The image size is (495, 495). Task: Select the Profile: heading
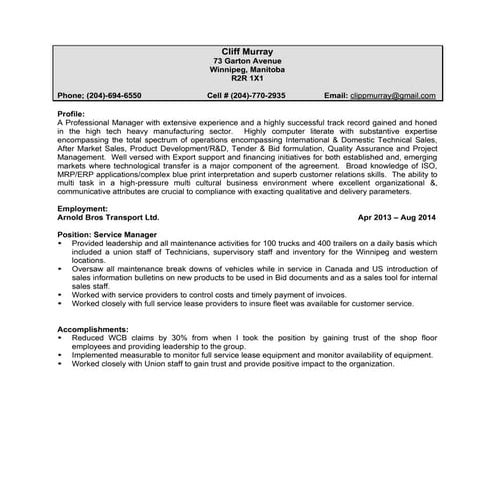[x=71, y=113]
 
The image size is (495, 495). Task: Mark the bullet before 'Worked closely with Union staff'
[x=61, y=364]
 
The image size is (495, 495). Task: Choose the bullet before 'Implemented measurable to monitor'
[x=61, y=354]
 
